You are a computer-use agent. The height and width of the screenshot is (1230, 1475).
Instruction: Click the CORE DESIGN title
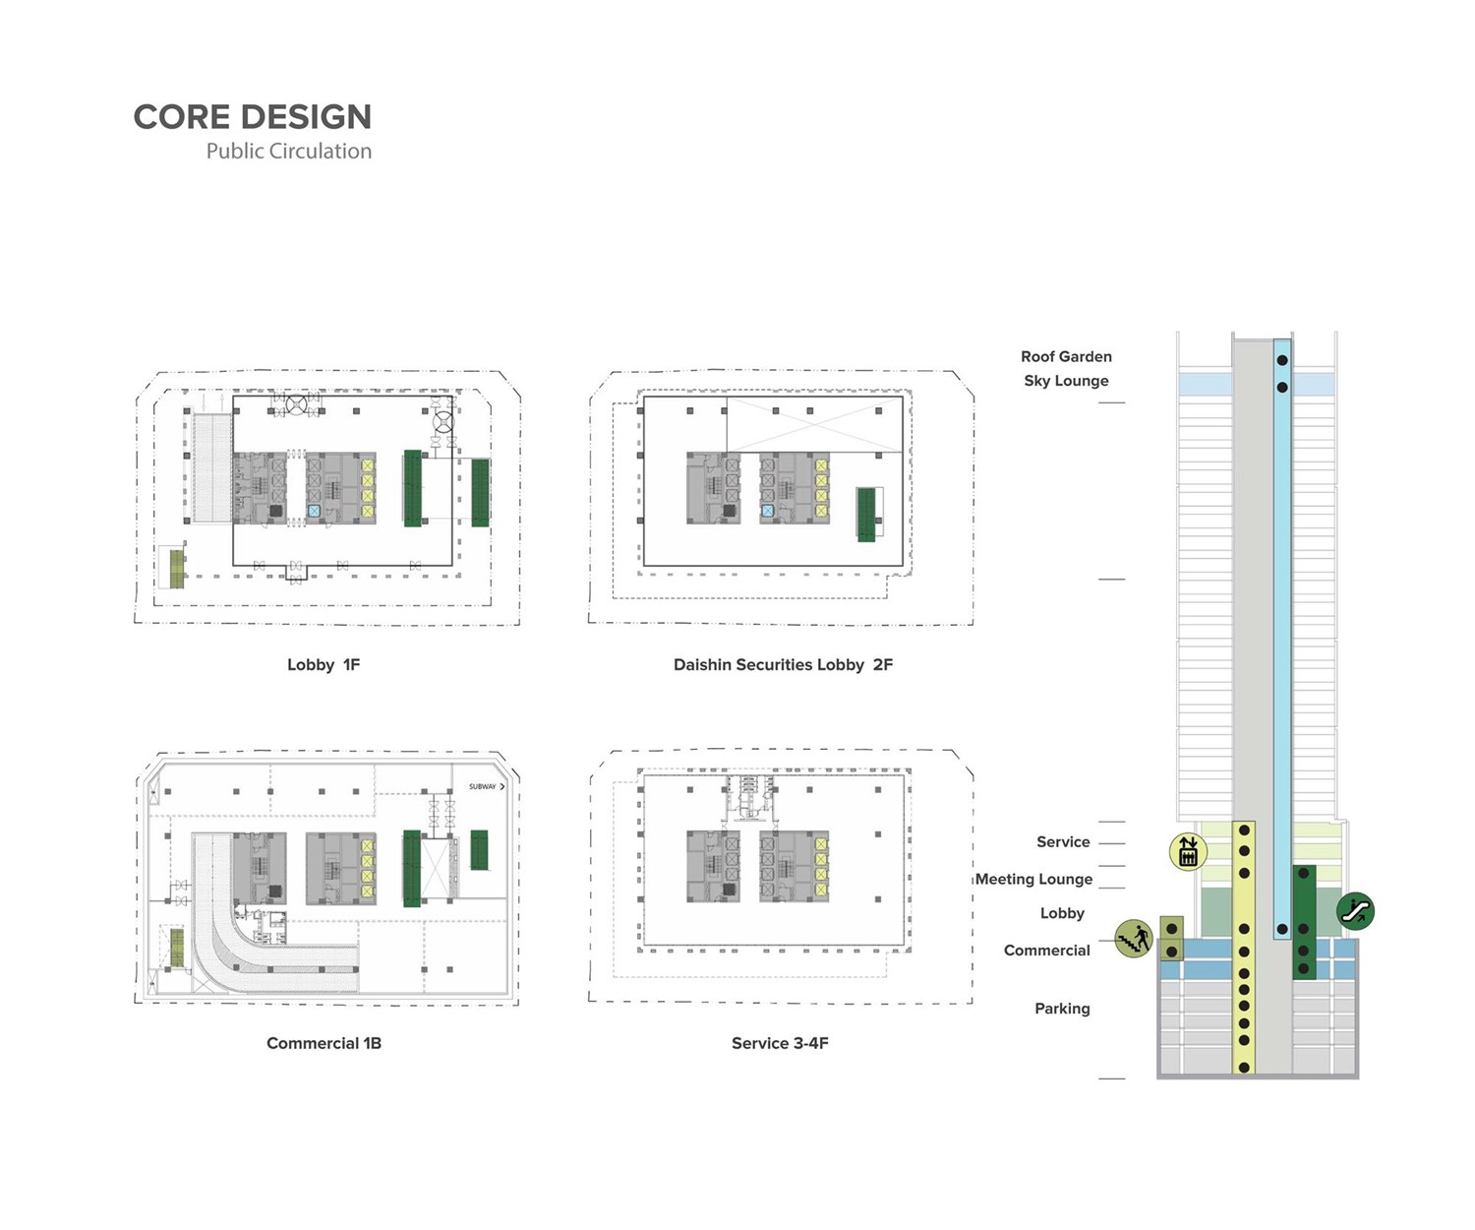coord(253,117)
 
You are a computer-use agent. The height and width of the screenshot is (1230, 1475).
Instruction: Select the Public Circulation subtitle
coord(289,152)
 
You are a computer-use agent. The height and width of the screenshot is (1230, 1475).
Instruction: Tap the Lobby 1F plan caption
coord(324,665)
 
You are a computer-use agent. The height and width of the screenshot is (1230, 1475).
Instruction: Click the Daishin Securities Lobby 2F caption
coord(783,665)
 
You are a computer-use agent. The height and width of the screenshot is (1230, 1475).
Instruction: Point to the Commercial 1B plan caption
coord(324,1043)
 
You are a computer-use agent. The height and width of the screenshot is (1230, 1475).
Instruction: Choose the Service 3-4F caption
coord(780,1043)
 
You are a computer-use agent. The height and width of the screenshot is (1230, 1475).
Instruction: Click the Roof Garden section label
coord(1066,356)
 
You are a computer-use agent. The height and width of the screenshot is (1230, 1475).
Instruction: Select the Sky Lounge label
coord(1066,381)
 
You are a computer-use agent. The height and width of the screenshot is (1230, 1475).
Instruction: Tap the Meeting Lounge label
coord(1033,879)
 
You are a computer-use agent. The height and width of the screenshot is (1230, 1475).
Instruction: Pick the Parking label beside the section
coord(1062,1009)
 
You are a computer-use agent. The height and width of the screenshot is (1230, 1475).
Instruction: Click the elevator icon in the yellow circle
coord(1188,851)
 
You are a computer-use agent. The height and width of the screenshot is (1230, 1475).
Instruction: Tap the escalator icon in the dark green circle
coord(1356,911)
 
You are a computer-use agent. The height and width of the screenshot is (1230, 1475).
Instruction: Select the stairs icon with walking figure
coord(1134,939)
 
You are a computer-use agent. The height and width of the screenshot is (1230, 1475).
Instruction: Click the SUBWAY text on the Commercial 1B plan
coord(483,787)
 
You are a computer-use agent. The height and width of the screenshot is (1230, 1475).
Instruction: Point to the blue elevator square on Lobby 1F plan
coord(314,511)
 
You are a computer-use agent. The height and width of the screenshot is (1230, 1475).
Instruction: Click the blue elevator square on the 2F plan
coord(768,512)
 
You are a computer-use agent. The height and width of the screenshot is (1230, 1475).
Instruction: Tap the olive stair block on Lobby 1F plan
coord(177,569)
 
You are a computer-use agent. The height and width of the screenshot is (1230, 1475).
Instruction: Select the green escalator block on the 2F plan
coord(866,514)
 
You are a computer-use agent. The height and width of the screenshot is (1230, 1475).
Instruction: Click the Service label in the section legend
coord(1063,842)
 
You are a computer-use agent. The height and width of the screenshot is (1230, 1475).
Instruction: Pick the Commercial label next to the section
coord(1046,951)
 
